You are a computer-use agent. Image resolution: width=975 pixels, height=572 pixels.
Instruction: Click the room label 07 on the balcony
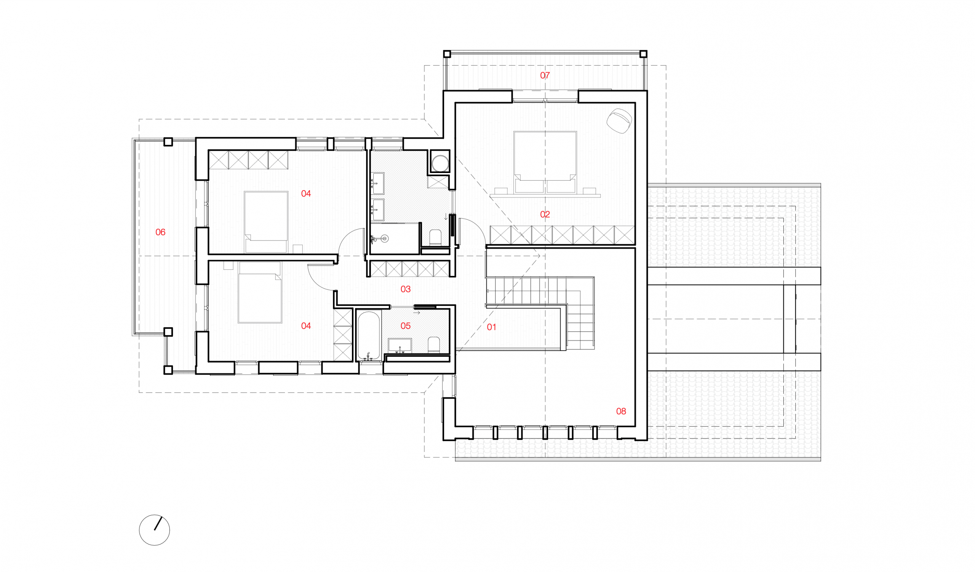pos(545,75)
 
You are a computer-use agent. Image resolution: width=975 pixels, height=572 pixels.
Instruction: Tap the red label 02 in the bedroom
pos(545,215)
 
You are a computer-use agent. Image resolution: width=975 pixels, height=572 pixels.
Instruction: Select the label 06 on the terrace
pos(160,232)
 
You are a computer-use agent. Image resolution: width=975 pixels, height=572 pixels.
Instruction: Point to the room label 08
pos(621,412)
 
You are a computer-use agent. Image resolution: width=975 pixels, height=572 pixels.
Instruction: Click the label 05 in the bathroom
pos(406,326)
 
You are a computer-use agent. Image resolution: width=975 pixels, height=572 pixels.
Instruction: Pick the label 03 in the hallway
pos(406,289)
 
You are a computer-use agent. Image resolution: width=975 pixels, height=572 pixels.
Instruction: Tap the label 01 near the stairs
pos(491,327)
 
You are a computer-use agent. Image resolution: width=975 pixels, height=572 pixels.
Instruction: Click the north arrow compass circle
pos(154,530)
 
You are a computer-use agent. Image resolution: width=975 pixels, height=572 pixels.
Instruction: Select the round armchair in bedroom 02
pos(619,121)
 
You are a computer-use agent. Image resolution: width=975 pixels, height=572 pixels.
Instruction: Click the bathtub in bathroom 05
pos(369,336)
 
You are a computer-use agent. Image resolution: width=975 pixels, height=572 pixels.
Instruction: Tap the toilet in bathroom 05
pos(434,345)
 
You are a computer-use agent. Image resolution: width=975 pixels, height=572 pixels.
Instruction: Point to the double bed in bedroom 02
pos(545,162)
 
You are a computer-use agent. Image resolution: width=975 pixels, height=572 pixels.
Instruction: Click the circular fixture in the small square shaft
pos(440,163)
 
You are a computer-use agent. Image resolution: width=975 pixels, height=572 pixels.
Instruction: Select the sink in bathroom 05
pos(400,346)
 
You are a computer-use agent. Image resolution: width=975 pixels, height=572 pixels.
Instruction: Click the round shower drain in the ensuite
pos(384,239)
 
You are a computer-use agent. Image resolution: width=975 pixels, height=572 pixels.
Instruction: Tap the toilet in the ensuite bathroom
pos(436,238)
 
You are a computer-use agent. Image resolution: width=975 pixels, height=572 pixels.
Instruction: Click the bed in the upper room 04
pos(266,222)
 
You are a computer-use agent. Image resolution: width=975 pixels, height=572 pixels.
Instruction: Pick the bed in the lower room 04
pos(260,292)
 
